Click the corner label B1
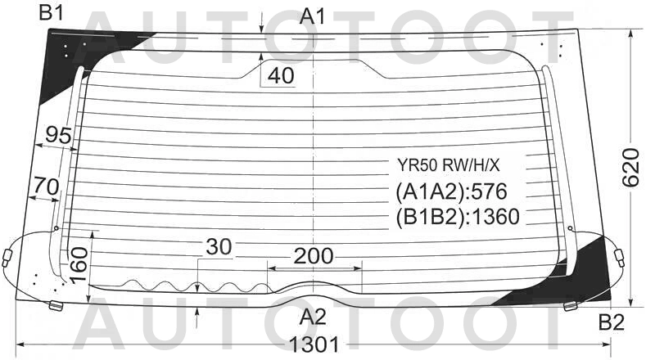click(51, 13)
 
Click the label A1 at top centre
click(313, 16)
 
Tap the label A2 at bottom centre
click(313, 317)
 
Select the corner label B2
click(612, 322)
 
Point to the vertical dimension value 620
click(630, 168)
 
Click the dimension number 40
click(281, 75)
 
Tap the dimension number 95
click(58, 135)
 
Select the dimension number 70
click(46, 187)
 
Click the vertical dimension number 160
click(79, 265)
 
